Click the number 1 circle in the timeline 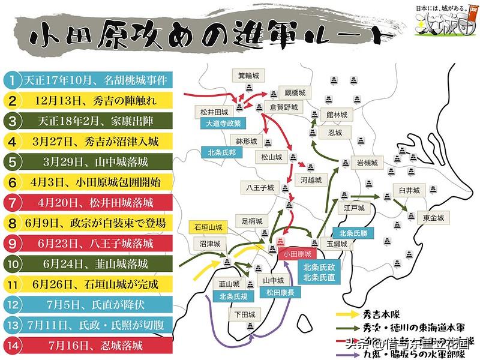pyautogui.click(x=11, y=79)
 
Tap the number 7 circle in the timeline pyautogui.click(x=11, y=202)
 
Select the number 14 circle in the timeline pyautogui.click(x=11, y=345)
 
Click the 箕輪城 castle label pyautogui.click(x=247, y=75)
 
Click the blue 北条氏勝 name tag pyautogui.click(x=355, y=233)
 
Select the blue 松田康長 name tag pyautogui.click(x=272, y=292)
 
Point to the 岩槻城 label pyautogui.click(x=367, y=163)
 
